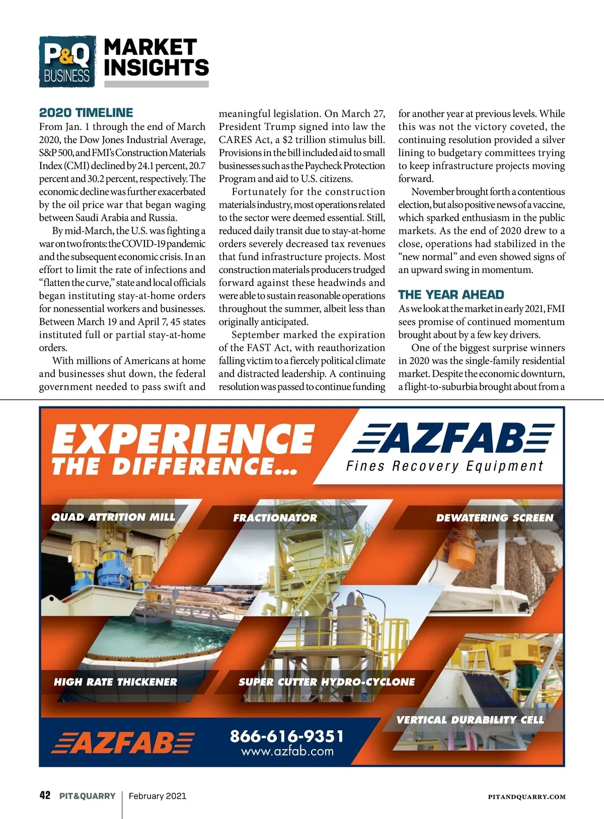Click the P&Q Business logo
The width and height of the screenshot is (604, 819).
(x=67, y=61)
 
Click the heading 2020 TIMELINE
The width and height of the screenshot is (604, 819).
(x=86, y=113)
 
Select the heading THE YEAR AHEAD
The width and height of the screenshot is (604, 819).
(x=451, y=295)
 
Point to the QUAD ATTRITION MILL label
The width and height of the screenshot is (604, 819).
(x=113, y=517)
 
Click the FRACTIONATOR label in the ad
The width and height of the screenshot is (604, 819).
(x=275, y=518)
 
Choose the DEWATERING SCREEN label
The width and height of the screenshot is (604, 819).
(x=494, y=518)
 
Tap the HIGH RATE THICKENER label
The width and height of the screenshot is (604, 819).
(x=115, y=682)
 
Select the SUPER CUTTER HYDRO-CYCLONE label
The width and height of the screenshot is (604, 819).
(x=327, y=682)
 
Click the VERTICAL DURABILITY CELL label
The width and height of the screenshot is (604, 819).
(x=470, y=720)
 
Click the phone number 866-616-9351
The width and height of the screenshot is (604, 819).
(x=287, y=736)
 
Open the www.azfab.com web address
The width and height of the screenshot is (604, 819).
(x=287, y=752)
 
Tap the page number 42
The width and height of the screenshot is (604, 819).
(x=45, y=796)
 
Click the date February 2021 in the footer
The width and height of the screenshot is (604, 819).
(x=158, y=796)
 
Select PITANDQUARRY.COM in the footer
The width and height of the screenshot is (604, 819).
(x=526, y=797)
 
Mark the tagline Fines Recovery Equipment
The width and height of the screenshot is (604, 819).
(x=445, y=466)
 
